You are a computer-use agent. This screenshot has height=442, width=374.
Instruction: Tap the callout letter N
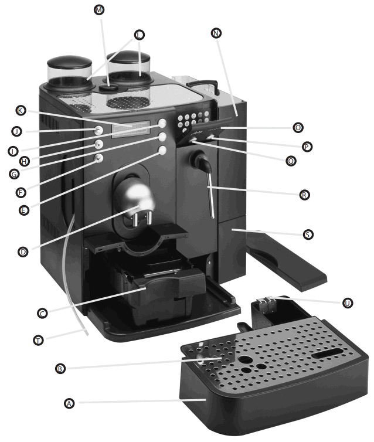click(x=217, y=33)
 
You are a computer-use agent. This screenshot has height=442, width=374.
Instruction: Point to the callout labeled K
click(x=21, y=110)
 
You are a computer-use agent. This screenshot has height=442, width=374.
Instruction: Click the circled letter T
click(x=38, y=339)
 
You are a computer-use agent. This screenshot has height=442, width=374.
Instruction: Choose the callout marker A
click(x=69, y=403)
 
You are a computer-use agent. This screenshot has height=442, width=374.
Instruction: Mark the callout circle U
click(x=348, y=303)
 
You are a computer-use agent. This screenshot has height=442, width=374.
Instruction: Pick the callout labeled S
click(x=308, y=234)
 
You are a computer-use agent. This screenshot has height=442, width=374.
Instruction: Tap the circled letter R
click(x=304, y=194)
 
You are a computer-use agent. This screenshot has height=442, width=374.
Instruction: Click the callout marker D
click(x=23, y=251)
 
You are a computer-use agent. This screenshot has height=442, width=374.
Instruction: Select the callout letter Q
click(x=291, y=160)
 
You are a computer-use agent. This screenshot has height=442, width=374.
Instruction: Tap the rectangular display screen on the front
click(x=131, y=130)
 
